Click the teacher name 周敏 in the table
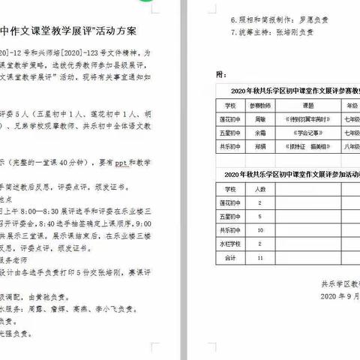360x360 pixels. [259, 118]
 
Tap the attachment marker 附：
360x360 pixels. [220, 75]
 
